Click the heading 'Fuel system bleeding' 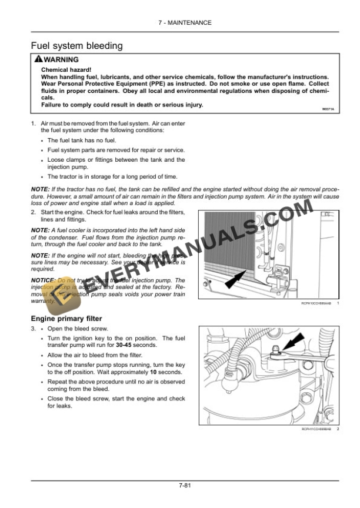[76, 45]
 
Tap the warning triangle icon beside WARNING [38, 60]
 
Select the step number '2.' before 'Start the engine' [34, 212]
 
